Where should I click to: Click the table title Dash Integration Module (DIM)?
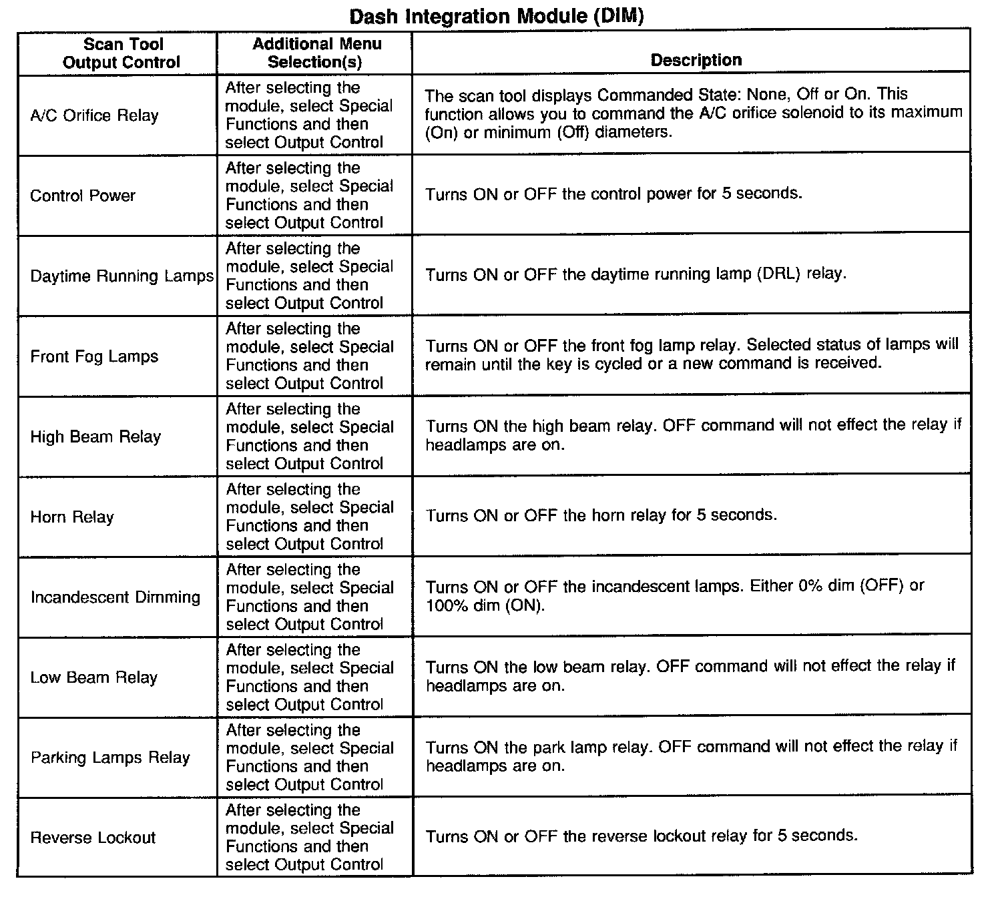click(496, 16)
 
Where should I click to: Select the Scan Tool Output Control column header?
click(121, 53)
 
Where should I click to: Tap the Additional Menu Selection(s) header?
click(316, 53)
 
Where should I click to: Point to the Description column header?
click(696, 60)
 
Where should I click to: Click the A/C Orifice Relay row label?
click(94, 116)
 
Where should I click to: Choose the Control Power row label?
click(83, 196)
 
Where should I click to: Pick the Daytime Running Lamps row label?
click(121, 276)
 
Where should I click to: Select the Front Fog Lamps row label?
click(94, 356)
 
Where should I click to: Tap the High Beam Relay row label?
click(95, 437)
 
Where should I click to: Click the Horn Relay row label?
click(72, 517)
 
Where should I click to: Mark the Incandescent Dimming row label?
click(115, 597)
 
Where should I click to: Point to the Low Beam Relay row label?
click(93, 677)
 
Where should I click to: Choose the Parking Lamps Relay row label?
click(110, 758)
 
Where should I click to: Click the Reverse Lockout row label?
click(93, 838)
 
